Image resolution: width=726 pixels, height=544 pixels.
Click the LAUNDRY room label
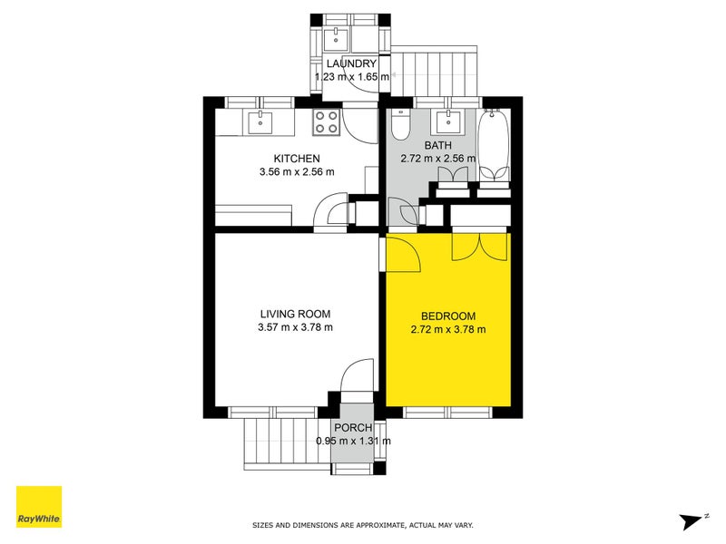[352, 63]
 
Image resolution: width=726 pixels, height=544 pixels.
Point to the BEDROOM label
[448, 316]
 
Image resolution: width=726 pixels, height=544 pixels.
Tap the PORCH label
[353, 428]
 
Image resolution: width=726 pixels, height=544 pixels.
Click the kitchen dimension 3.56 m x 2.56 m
[297, 171]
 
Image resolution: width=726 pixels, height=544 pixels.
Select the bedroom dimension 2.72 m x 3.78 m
[448, 329]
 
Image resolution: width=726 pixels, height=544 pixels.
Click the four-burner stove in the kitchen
[327, 121]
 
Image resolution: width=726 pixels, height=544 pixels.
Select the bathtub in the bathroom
[495, 143]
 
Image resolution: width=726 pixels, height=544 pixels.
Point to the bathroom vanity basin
[448, 121]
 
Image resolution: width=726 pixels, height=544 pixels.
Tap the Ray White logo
[39, 507]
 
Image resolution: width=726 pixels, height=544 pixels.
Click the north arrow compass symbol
[692, 520]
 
